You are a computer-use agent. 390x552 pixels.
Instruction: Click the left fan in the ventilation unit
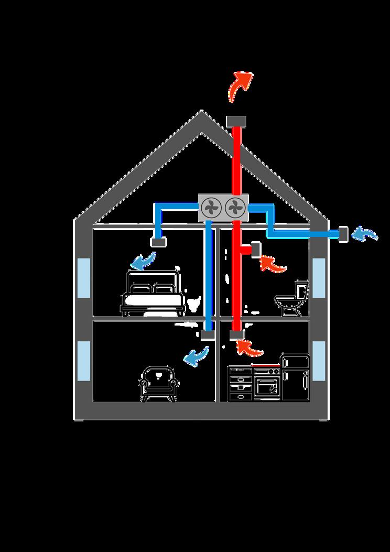(212, 208)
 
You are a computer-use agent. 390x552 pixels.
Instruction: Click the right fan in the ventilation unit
(235, 208)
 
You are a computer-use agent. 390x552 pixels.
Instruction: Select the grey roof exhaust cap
(236, 121)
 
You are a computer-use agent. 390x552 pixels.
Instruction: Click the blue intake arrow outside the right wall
(365, 234)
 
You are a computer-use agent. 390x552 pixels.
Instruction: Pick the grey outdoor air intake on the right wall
(344, 234)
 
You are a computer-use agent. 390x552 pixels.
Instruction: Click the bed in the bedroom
(153, 294)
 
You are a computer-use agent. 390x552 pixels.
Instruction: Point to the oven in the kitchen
(267, 385)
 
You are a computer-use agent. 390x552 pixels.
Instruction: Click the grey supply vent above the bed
(158, 242)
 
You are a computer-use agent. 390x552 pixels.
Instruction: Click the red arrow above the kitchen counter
(248, 347)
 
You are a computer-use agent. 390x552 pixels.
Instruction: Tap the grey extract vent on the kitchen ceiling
(237, 334)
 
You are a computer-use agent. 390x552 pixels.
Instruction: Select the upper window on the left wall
(84, 276)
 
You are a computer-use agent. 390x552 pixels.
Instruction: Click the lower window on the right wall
(319, 361)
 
